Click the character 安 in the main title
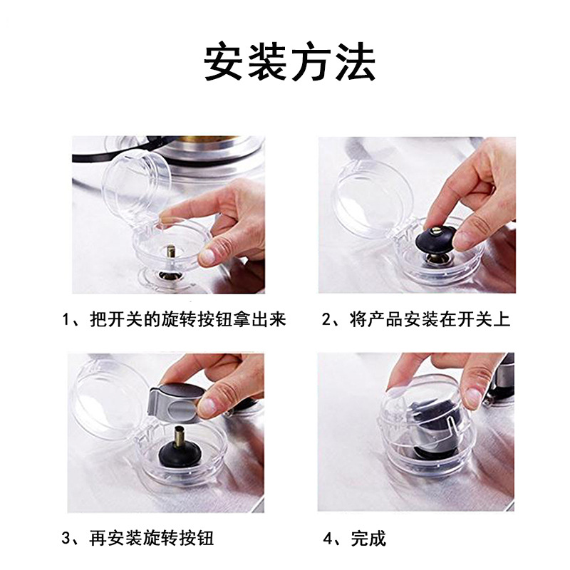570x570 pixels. click(223, 61)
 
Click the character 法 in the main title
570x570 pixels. click(355, 61)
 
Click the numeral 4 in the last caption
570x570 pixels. click(328, 539)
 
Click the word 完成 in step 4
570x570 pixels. click(368, 539)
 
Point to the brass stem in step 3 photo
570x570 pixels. click(180, 439)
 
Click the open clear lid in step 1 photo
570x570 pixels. click(136, 185)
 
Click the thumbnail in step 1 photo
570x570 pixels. click(209, 256)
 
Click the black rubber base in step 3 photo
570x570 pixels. click(180, 455)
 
